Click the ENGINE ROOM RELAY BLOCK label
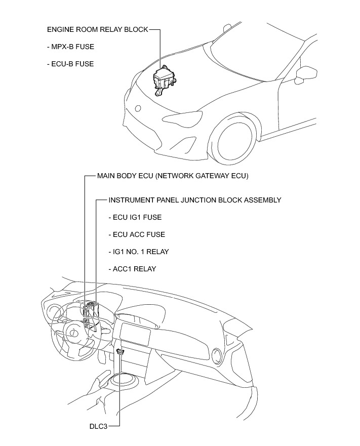pos(97,30)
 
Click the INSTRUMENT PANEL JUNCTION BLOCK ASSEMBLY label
pos(194,200)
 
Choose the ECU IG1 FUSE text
pos(135,217)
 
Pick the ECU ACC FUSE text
pos(136,234)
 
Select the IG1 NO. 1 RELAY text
pos(138,252)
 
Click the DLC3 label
pos(98,426)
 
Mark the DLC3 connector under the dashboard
pos(121,351)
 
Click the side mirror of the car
pos(304,74)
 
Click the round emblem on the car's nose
pos(137,108)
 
